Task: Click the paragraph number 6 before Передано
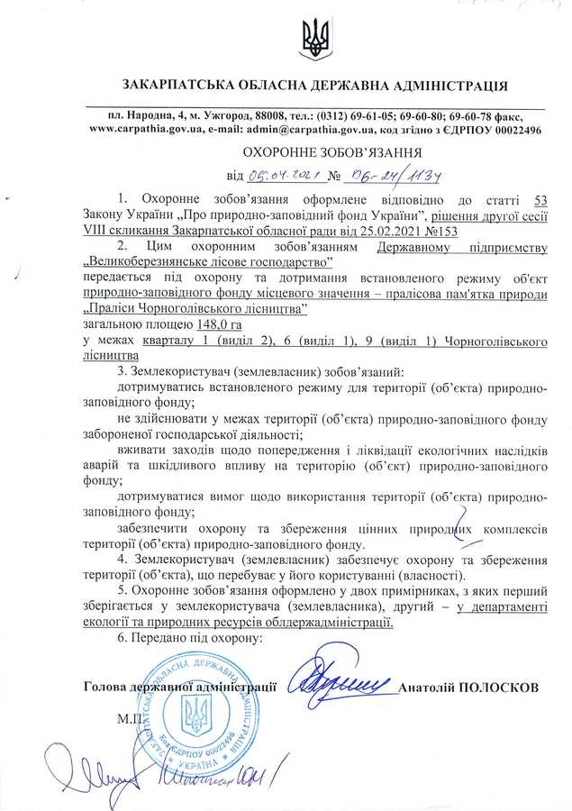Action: tap(122, 637)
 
